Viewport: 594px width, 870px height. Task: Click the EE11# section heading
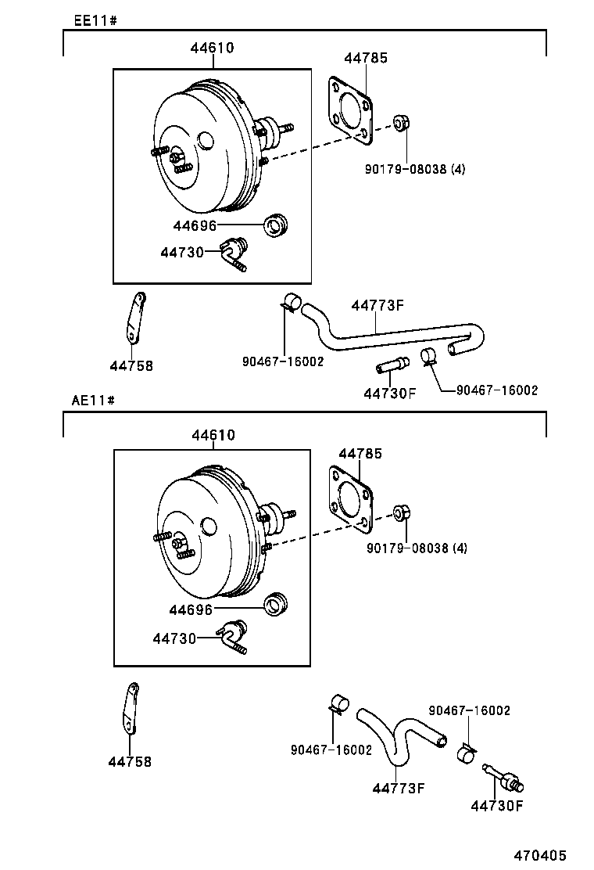coord(95,20)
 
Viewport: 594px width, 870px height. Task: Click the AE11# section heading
coord(94,400)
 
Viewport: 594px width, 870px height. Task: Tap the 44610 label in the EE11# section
coord(212,49)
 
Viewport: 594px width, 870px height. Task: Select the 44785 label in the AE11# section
coord(359,453)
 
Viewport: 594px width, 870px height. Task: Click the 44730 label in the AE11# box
coord(174,638)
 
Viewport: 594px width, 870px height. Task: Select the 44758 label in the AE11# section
coord(131,761)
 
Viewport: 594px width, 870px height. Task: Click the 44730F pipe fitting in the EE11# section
coord(392,365)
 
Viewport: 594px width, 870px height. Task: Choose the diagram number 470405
coord(540,856)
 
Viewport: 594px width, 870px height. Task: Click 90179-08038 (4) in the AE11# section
coord(416,548)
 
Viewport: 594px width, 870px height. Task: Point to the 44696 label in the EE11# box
coord(195,226)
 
